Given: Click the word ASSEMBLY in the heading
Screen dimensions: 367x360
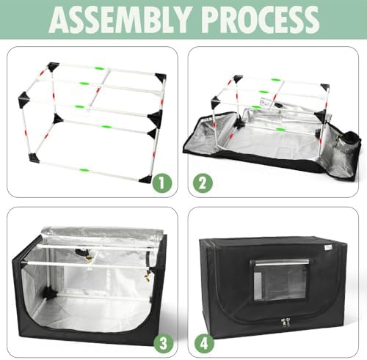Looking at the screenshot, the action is (x=120, y=20).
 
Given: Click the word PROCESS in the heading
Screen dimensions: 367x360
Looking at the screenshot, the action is (x=261, y=20).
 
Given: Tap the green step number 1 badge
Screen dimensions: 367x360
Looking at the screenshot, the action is (x=162, y=183).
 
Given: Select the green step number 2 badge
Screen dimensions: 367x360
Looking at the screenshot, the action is (x=203, y=183).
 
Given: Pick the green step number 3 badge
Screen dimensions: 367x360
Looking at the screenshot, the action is (x=164, y=343).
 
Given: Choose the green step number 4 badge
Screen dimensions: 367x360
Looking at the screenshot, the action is (x=204, y=343).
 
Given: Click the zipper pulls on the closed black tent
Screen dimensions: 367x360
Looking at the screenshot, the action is (x=286, y=322).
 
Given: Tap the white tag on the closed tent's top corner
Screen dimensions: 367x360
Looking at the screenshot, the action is (x=327, y=248).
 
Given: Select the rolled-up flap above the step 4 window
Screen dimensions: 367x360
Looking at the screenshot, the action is (x=281, y=262).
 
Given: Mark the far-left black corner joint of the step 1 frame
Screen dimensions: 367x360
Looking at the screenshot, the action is (x=24, y=99).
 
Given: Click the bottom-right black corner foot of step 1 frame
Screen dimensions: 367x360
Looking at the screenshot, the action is (x=146, y=180).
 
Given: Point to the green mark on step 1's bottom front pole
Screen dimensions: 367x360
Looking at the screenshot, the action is (x=84, y=169).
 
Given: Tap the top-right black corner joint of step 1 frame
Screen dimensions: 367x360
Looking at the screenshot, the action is (x=161, y=77).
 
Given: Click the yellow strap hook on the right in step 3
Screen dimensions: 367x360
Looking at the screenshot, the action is (x=148, y=276).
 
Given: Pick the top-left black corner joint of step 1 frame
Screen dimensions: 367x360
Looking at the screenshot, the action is (x=53, y=67).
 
